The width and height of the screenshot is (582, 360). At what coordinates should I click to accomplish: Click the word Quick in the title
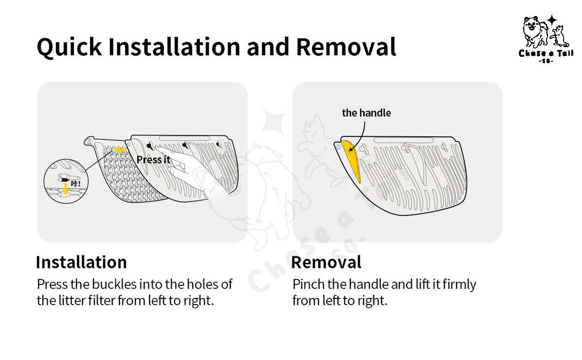pyautogui.click(x=69, y=48)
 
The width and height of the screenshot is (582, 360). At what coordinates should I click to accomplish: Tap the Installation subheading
pyautogui.click(x=81, y=262)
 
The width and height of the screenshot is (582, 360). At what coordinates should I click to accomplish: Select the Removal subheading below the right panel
pyautogui.click(x=326, y=262)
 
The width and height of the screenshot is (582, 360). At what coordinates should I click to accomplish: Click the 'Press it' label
pyautogui.click(x=153, y=160)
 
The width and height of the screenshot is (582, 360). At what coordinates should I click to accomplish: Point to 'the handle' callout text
pyautogui.click(x=366, y=113)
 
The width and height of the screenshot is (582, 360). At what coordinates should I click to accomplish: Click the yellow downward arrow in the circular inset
pyautogui.click(x=65, y=188)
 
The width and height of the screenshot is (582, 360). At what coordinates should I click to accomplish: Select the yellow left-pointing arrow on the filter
pyautogui.click(x=120, y=150)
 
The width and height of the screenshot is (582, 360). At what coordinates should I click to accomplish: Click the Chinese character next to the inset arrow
pyautogui.click(x=75, y=184)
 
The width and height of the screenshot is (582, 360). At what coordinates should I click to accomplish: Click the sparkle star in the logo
pyautogui.click(x=552, y=20)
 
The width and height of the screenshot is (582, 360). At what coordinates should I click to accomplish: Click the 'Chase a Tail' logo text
pyautogui.click(x=546, y=53)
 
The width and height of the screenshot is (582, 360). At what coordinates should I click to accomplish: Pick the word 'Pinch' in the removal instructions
pyautogui.click(x=308, y=284)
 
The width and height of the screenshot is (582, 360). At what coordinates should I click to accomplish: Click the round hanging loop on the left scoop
pyautogui.click(x=88, y=141)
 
